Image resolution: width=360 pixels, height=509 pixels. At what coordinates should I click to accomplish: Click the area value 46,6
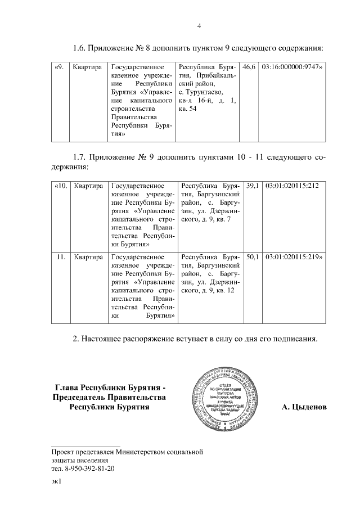(x=249, y=67)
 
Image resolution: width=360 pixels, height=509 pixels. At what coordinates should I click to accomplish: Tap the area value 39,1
(x=253, y=185)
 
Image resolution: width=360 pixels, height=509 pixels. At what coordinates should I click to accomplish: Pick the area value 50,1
(x=253, y=257)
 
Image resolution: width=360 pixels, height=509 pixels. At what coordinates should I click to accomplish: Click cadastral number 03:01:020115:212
(x=292, y=185)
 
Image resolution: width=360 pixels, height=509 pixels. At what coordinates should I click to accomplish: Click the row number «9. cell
(x=58, y=67)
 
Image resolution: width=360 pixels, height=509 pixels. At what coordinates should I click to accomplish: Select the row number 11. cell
(x=62, y=257)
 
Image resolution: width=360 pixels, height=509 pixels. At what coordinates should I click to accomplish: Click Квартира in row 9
(x=87, y=67)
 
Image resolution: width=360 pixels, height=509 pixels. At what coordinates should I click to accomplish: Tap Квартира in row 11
(x=89, y=257)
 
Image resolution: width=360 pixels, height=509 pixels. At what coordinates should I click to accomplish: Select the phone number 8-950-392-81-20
(x=87, y=468)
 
